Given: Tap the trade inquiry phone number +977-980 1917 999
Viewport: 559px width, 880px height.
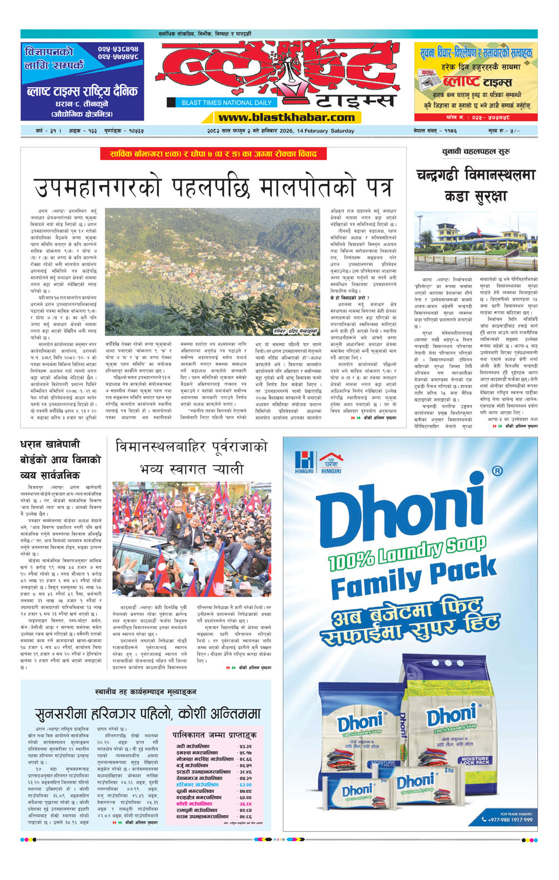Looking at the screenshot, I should coord(511,819).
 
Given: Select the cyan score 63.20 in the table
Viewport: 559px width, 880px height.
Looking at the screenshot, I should coord(245,785).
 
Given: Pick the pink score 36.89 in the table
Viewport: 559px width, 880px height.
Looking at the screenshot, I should coord(245,804).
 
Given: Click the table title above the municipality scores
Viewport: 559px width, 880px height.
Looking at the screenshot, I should coord(214,735).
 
